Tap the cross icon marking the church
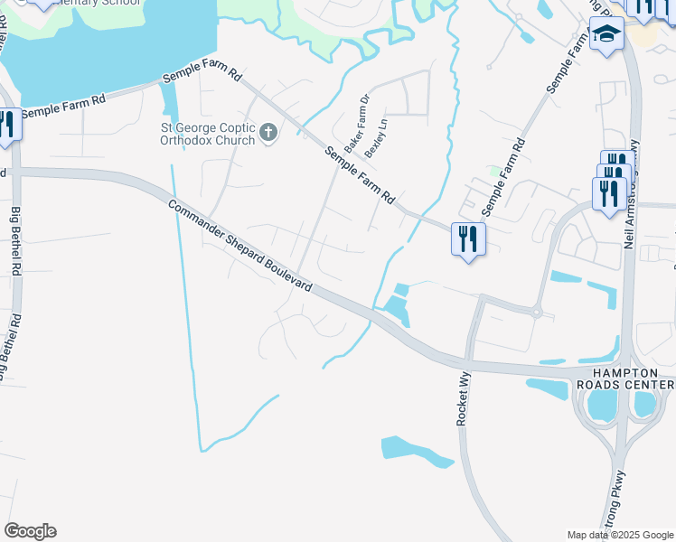coord(268,134)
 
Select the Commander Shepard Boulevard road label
coord(240,246)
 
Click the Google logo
coord(30,531)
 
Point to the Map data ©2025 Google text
coord(620,535)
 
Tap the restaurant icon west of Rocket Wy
coord(468,239)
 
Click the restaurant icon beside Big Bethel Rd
coord(7,124)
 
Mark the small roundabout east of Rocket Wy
coord(536,313)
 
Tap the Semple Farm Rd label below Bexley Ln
coord(370,174)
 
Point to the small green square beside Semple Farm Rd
coord(493,170)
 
